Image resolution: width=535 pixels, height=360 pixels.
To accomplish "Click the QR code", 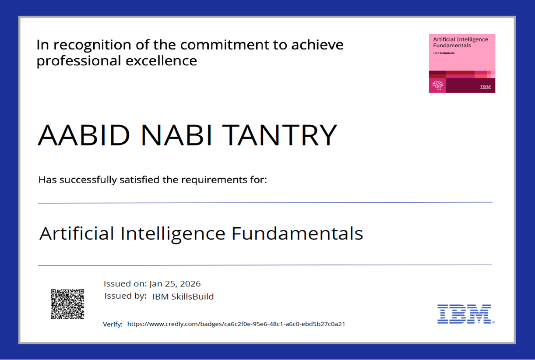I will pyautogui.click(x=67, y=304).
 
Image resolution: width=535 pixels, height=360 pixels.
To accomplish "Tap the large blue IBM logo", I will pyautogui.click(x=465, y=314).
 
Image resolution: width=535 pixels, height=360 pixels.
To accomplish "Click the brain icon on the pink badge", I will pyautogui.click(x=437, y=85).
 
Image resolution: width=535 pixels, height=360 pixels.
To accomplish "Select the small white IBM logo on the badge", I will pyautogui.click(x=485, y=87).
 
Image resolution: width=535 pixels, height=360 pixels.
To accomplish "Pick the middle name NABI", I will pyautogui.click(x=177, y=135).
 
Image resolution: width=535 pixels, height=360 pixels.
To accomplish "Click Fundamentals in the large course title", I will pyautogui.click(x=297, y=233).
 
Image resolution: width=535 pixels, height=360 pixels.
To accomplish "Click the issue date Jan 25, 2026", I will pyautogui.click(x=175, y=284).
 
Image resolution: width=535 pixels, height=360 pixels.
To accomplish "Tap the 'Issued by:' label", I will pyautogui.click(x=125, y=296).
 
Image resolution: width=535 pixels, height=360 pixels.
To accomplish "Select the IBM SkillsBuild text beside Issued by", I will pyautogui.click(x=183, y=296).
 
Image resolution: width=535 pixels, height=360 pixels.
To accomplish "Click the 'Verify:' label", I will pyautogui.click(x=113, y=325).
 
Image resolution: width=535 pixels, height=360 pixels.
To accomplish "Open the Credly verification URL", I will pyautogui.click(x=236, y=325).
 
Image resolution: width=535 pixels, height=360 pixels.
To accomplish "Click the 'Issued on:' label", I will pyautogui.click(x=125, y=284).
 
